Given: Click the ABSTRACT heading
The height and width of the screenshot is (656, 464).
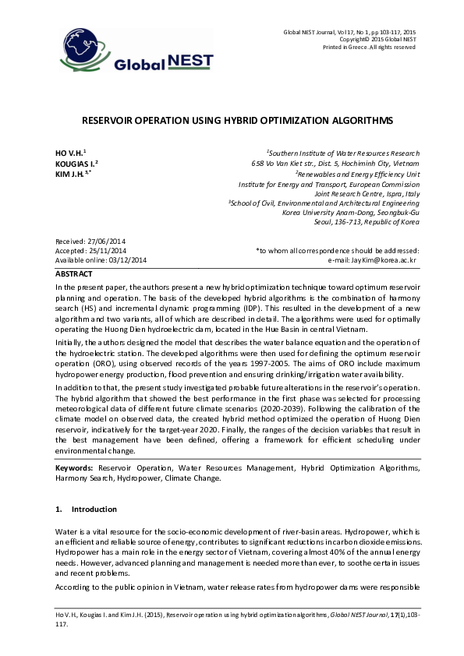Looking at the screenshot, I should tap(74, 274).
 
